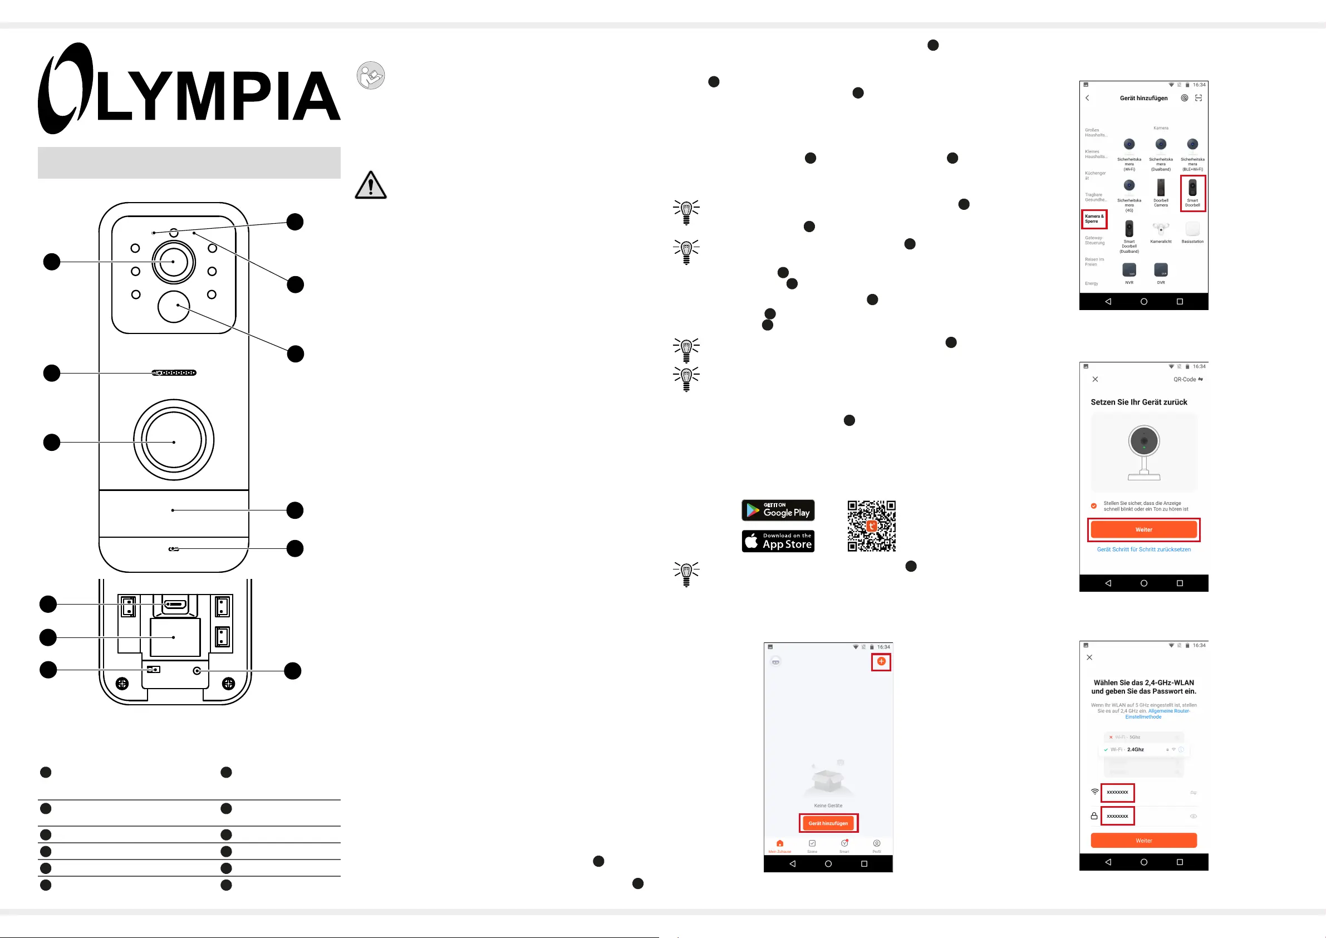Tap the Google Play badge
point(777,510)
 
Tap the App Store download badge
point(777,541)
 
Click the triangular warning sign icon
point(370,185)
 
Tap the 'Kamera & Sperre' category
point(1094,219)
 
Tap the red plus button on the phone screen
point(881,661)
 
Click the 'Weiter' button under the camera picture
point(1143,529)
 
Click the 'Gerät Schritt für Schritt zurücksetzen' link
point(1143,549)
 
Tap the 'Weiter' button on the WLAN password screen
point(1143,841)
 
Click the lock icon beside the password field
point(1094,816)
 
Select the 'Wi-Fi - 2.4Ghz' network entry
point(1135,750)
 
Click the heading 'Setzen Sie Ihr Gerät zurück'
point(1138,402)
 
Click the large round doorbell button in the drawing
point(173,440)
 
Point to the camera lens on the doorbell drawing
point(173,262)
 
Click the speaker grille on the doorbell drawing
point(174,373)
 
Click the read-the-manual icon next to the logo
point(370,76)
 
